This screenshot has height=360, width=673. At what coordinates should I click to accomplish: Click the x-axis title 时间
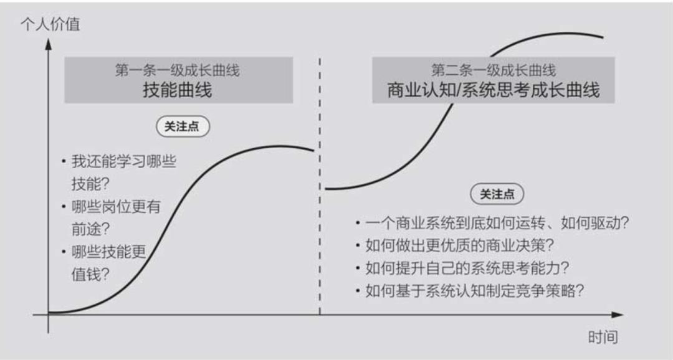point(603,338)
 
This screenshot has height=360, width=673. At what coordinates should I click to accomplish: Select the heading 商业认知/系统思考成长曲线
point(493,90)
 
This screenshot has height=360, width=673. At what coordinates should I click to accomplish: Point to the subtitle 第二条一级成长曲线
point(493,70)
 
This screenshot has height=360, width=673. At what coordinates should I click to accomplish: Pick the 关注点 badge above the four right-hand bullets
point(497,194)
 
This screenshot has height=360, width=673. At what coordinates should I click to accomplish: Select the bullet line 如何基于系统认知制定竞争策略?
point(475,291)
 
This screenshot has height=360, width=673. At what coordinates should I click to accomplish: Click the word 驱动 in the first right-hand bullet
point(599,223)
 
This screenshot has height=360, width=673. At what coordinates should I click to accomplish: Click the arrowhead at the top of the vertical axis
point(48,44)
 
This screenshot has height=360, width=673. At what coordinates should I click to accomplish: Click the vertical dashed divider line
point(320,187)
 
